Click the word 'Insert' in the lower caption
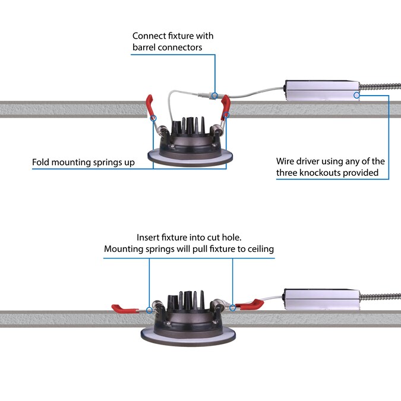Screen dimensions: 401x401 149,236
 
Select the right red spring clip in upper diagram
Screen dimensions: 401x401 226,106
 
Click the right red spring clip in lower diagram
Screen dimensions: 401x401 249,305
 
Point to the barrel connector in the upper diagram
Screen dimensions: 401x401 213,94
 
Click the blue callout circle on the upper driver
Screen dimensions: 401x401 356,94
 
